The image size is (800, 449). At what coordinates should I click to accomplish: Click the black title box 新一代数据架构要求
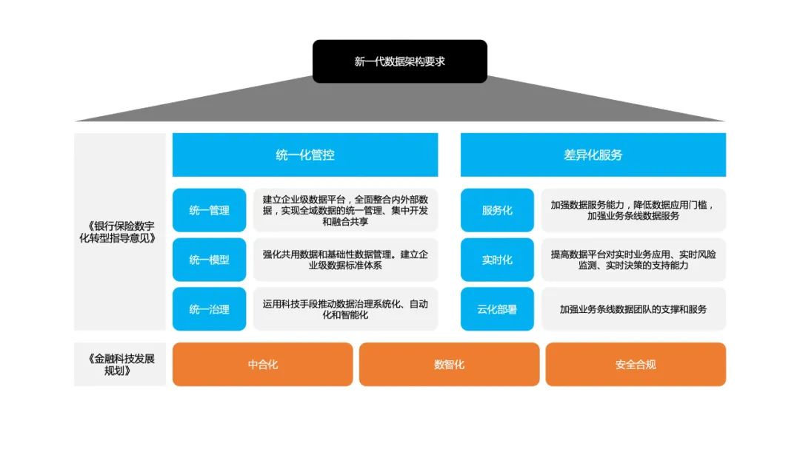point(399,61)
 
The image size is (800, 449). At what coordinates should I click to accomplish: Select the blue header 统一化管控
point(305,155)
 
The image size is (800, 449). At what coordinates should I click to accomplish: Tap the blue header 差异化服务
point(593,155)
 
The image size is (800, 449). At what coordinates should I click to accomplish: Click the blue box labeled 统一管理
point(209,210)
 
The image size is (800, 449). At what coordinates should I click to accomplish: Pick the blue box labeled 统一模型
point(209,260)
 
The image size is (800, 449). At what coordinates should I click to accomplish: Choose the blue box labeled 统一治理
point(209,309)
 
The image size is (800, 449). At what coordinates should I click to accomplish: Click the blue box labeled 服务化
point(497,210)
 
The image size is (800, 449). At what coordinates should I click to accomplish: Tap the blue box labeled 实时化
point(497,260)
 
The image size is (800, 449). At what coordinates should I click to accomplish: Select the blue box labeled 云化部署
point(497,309)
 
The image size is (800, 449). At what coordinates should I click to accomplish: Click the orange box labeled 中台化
point(263,365)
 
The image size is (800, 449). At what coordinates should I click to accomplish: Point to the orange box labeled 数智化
point(449,365)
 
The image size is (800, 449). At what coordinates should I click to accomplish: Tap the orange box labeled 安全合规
point(636,365)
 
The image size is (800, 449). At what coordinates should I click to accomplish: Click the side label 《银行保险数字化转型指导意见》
point(121,232)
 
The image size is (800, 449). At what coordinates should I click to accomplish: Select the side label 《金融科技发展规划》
point(121,365)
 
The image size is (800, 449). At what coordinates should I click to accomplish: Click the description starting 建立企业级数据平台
point(345,210)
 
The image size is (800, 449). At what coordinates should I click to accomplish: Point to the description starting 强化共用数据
point(345,260)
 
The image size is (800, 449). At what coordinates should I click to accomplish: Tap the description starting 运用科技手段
point(345,309)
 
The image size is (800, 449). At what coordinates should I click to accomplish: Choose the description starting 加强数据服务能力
point(633,210)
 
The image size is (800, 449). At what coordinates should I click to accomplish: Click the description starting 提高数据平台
point(633,260)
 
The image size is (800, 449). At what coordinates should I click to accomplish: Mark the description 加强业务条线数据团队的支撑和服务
point(633,309)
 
